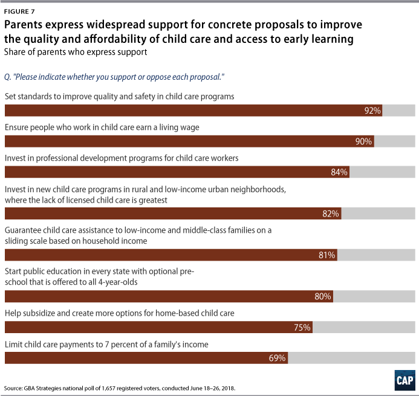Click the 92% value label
pos(372,111)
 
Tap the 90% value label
pos(364,141)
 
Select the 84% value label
pos(339,172)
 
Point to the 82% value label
pos(331,213)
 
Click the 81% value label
pos(327,255)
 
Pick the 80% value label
pos(323,296)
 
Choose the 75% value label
pos(302,327)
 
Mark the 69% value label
pos(278,358)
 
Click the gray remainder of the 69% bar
pos(351,358)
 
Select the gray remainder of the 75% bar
pos(364,327)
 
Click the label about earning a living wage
pos(111,128)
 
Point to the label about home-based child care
pos(128,313)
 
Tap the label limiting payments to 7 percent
pos(106,344)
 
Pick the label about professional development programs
pos(122,158)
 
